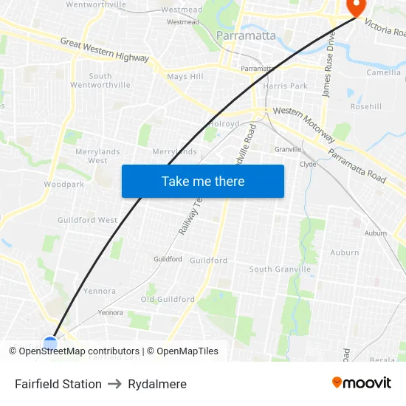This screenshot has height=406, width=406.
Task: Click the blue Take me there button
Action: coord(203,181)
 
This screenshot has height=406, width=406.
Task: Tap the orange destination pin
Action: coord(357,7)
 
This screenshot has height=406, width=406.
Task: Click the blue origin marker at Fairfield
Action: coord(50,343)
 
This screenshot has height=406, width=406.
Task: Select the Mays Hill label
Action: coord(185,77)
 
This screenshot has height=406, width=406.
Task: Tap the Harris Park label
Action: coord(285,86)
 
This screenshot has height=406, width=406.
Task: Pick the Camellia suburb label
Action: coord(384,72)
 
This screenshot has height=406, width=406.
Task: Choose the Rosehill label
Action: coord(366,106)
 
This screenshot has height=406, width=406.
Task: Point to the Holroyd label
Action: coord(224,124)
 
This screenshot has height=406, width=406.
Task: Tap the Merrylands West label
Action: coord(97,156)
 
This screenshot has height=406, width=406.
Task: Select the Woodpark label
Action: coord(63,184)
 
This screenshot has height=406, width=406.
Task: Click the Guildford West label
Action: coord(87,220)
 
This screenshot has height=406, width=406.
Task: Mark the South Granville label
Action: coord(280,269)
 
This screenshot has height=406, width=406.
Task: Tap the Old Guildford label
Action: coord(168,300)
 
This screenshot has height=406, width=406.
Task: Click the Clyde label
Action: coord(308,165)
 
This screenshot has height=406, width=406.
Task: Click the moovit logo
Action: coord(362,382)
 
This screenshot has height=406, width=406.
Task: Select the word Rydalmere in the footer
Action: coord(157,384)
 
